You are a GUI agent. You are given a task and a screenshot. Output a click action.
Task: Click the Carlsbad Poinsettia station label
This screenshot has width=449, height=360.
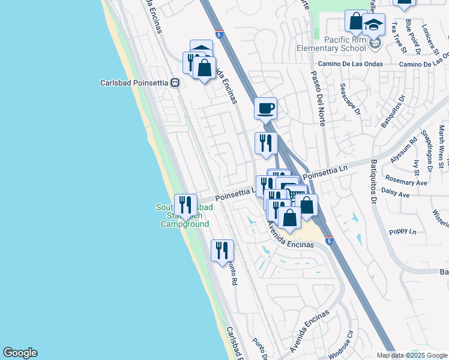tap(134, 83)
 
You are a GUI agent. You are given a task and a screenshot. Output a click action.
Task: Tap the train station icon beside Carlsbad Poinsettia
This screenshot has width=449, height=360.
tap(175, 83)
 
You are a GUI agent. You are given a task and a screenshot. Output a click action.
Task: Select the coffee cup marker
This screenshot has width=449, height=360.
tap(265, 109)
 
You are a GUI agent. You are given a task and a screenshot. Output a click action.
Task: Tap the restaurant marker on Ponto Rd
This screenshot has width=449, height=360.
tap(222, 251)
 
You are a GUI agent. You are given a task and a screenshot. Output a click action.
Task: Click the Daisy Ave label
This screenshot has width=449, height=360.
tap(395, 195)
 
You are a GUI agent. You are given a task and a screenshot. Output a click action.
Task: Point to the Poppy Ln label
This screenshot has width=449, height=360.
tap(402, 231)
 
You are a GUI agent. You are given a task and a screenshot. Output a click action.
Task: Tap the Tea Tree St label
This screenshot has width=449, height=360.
tap(394, 37)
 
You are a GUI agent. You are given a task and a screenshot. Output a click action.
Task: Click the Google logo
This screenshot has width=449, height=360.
tap(20, 353)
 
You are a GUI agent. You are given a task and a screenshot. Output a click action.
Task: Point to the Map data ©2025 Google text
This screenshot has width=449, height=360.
tap(411, 355)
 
